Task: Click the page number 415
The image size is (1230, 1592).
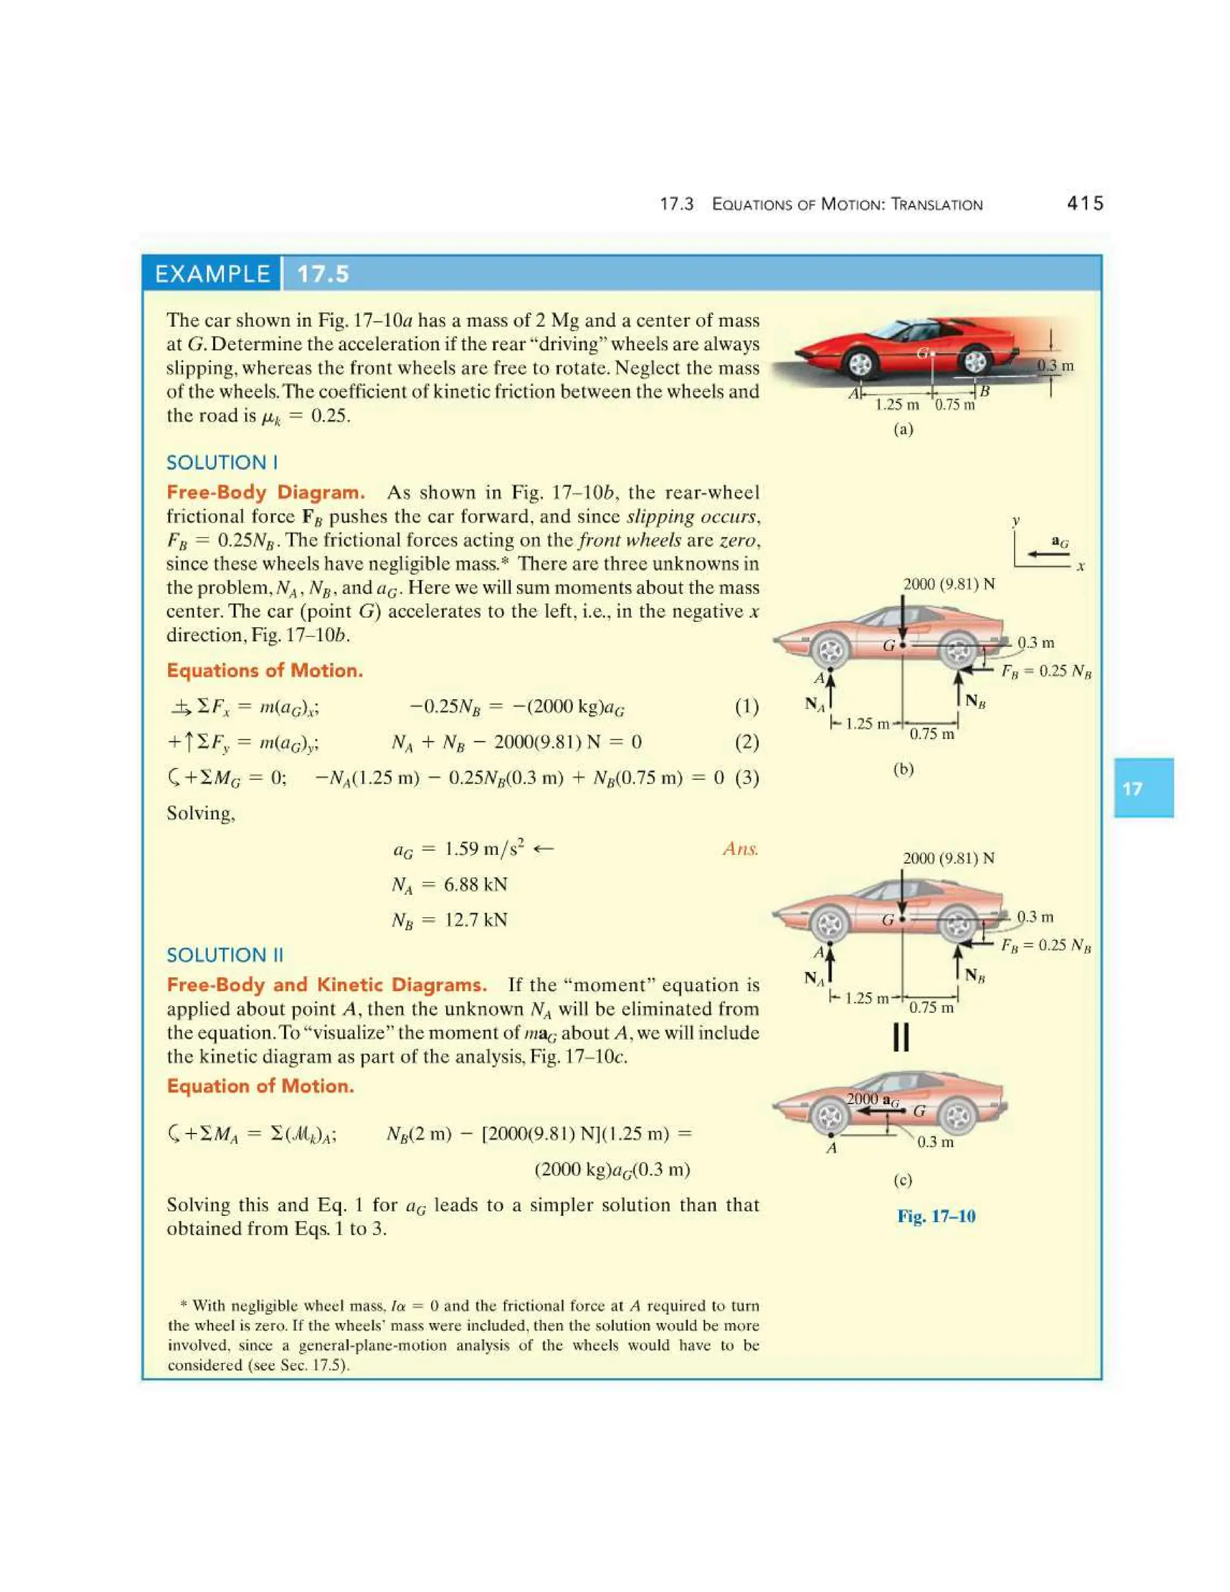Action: click(1084, 204)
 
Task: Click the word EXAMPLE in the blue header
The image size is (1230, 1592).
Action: click(211, 274)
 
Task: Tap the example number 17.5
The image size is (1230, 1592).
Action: click(323, 274)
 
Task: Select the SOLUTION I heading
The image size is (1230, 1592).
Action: click(222, 462)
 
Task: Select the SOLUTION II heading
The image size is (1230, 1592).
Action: click(225, 955)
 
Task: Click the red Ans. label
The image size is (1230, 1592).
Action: click(741, 848)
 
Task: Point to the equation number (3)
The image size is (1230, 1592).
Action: click(746, 778)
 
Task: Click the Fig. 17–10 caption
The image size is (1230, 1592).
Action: click(936, 1216)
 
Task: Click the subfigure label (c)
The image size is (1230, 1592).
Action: click(903, 1179)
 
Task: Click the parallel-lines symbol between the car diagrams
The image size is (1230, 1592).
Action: click(901, 1038)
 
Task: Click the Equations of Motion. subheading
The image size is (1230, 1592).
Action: click(264, 670)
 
